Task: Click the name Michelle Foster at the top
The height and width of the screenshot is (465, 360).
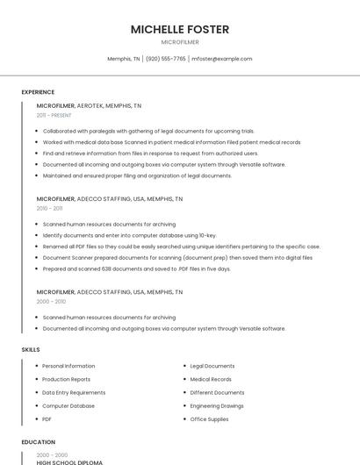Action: point(180,29)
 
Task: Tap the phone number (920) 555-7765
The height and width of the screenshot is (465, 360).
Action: point(166,59)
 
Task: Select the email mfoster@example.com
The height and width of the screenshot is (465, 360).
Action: point(222,59)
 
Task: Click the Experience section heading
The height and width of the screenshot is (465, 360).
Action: point(38,92)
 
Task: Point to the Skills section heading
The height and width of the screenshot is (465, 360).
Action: point(31,349)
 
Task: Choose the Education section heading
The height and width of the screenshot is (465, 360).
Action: point(38,442)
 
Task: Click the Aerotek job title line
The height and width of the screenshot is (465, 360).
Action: point(89,105)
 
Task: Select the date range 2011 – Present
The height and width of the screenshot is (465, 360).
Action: point(54,115)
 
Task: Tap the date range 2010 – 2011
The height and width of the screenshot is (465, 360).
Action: point(49,209)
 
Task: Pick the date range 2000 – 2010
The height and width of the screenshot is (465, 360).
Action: point(51,301)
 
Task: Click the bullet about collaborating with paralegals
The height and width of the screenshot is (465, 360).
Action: point(148,131)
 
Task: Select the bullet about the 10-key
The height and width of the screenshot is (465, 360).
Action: point(129,235)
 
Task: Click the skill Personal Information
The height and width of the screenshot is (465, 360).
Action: point(68,366)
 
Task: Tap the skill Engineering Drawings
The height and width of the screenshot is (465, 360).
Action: point(217,406)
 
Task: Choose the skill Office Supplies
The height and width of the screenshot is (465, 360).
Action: point(209,419)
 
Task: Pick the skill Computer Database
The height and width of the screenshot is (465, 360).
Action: point(68,406)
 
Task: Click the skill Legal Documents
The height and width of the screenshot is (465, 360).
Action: point(212,366)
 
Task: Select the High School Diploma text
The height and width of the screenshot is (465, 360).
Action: point(69,461)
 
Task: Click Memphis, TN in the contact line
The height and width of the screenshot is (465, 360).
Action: point(124,59)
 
